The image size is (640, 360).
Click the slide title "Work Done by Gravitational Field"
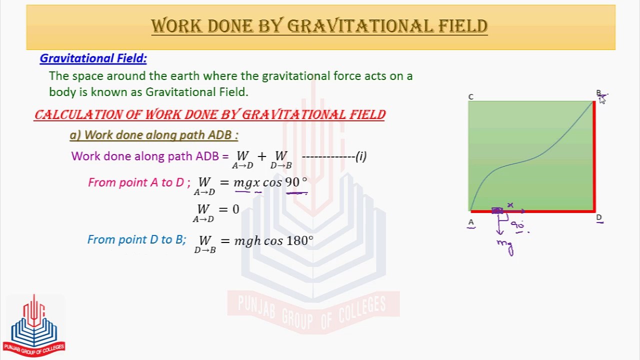319,26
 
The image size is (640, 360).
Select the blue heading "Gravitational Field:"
93,58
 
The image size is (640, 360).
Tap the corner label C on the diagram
470,96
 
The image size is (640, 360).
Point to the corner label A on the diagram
471,222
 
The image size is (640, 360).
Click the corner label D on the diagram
598,218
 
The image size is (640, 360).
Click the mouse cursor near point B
602,99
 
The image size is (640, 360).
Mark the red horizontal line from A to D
532,211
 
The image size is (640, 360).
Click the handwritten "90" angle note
517,225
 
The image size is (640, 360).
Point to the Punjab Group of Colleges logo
34,325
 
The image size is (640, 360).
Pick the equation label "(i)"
361,156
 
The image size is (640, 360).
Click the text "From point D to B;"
136,240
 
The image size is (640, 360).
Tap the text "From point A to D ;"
139,182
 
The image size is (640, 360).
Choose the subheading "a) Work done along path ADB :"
154,135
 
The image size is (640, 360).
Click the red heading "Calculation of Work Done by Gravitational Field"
210,114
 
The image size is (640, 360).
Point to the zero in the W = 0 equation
236,209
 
